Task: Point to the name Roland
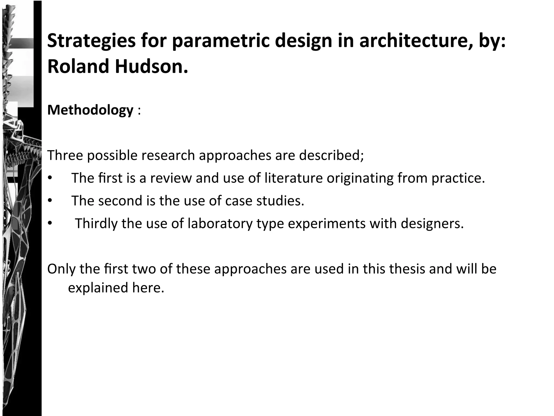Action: tap(78, 67)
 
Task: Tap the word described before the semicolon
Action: tap(331, 155)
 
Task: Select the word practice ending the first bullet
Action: tap(458, 178)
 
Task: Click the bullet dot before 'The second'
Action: tap(50, 201)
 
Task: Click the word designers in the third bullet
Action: tap(432, 224)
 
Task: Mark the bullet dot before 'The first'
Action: tap(50, 178)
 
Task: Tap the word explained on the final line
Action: tap(98, 288)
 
